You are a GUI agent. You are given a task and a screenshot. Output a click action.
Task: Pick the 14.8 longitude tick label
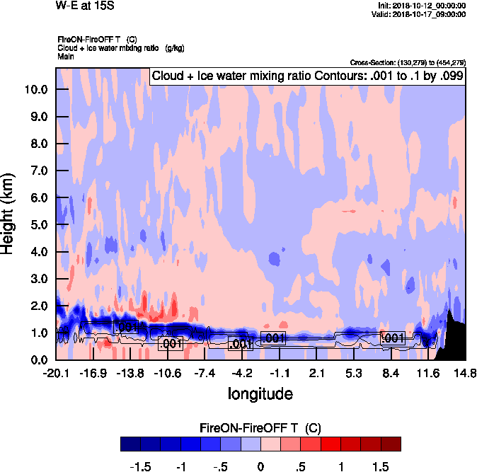tap(464, 373)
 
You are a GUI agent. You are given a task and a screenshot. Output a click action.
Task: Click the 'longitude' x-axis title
tap(260, 393)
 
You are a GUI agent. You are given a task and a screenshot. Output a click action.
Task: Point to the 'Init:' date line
tap(422, 6)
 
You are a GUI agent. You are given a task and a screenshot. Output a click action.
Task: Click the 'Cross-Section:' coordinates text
tap(408, 62)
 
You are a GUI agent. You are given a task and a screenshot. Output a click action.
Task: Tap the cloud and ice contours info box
tap(307, 76)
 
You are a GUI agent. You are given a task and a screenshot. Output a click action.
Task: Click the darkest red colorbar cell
tap(390, 444)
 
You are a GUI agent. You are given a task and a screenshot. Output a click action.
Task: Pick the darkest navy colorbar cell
tap(131, 444)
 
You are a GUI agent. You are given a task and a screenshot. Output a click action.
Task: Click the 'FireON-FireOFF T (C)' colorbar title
tap(260, 428)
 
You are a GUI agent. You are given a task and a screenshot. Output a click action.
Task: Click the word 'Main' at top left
tap(66, 55)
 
